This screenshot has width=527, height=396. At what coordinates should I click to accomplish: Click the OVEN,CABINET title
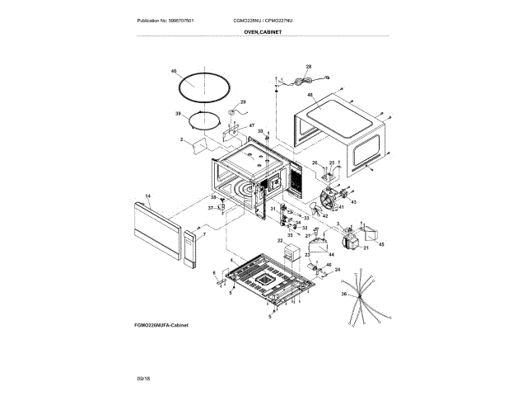[x=263, y=31]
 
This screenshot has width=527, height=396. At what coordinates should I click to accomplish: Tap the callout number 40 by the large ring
[x=174, y=72]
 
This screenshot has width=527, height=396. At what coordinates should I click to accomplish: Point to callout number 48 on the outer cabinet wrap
[x=310, y=96]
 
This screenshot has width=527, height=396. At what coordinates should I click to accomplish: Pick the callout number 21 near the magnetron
[x=366, y=247]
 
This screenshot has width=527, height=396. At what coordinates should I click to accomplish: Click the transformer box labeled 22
[x=290, y=252]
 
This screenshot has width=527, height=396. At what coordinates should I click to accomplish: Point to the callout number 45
[x=380, y=243]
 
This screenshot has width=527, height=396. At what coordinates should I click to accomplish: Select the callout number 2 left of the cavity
[x=180, y=140]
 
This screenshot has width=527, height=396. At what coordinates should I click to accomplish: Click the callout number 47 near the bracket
[x=240, y=125]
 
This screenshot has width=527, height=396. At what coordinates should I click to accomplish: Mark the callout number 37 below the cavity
[x=209, y=209]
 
